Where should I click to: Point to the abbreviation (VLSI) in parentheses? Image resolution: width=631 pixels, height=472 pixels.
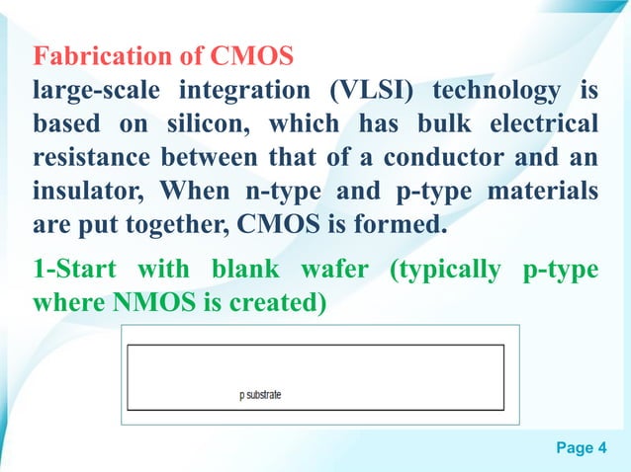[365, 93]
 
